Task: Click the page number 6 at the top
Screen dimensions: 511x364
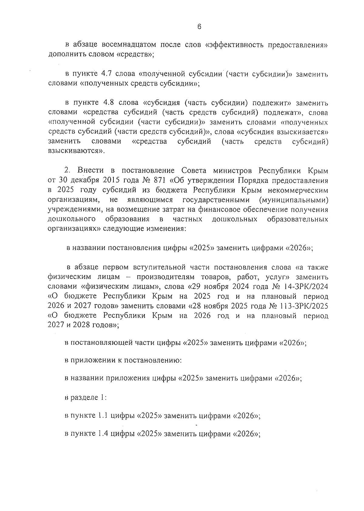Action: [199, 27]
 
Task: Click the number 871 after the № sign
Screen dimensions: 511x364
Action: [160, 180]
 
